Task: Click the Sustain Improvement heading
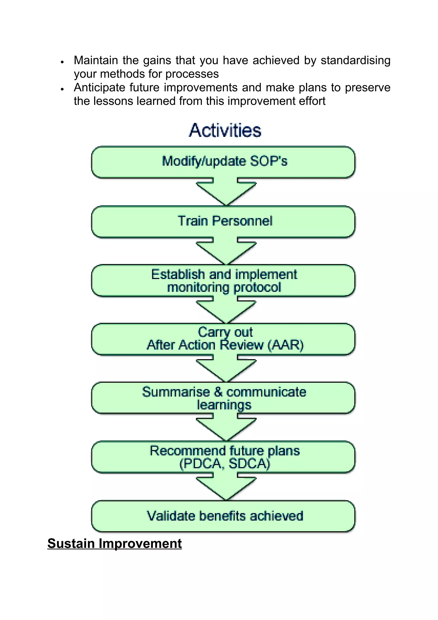pyautogui.click(x=114, y=543)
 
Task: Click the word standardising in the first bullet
pyautogui.click(x=355, y=60)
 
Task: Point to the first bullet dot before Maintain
pyautogui.click(x=62, y=62)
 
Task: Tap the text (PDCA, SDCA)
pyautogui.click(x=225, y=464)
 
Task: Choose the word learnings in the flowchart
pyautogui.click(x=224, y=405)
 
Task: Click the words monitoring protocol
pyautogui.click(x=224, y=287)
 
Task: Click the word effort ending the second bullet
pyautogui.click(x=314, y=101)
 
